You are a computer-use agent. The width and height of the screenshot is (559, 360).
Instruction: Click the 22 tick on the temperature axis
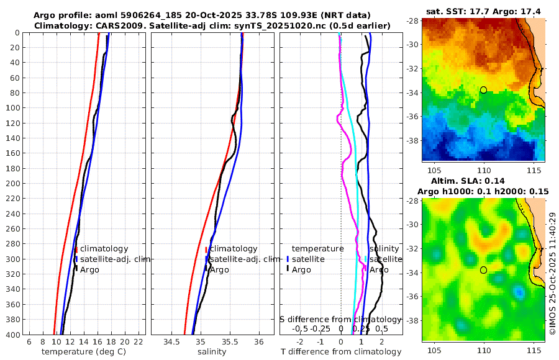tap(139, 342)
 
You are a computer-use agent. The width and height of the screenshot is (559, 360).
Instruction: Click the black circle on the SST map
tap(484, 90)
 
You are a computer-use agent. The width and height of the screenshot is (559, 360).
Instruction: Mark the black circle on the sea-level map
tap(484, 270)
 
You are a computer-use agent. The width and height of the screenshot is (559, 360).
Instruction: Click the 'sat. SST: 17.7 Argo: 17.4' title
tap(484, 12)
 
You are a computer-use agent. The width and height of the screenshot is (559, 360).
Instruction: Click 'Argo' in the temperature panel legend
tap(89, 269)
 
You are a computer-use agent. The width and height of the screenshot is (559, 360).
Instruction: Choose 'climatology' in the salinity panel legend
tap(233, 248)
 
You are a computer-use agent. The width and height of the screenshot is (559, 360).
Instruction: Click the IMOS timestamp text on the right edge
tap(552, 273)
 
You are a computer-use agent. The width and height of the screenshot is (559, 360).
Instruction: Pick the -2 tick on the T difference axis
tap(301, 342)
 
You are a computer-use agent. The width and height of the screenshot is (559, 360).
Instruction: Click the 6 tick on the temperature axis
tap(29, 342)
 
